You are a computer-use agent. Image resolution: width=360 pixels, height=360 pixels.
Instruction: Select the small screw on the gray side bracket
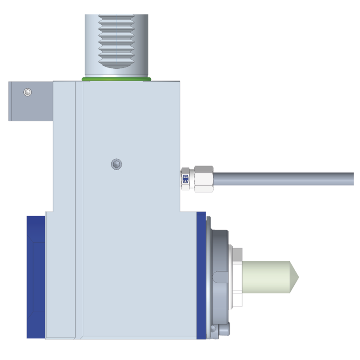click(28, 92)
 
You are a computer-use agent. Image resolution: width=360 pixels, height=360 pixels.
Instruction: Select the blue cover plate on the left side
click(36, 277)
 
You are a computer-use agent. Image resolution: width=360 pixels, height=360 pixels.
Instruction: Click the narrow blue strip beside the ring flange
click(201, 274)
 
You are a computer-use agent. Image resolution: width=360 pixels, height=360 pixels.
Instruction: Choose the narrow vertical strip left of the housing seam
click(78, 207)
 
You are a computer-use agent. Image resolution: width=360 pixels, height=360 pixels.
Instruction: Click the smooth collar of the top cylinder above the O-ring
click(116, 70)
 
